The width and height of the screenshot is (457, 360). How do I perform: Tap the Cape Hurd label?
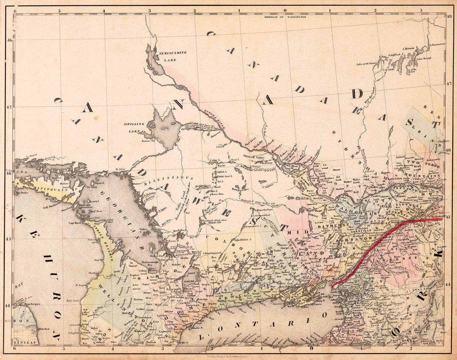pyautogui.click(x=76, y=222)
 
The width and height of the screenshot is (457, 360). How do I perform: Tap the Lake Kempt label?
pyautogui.click(x=424, y=58)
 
